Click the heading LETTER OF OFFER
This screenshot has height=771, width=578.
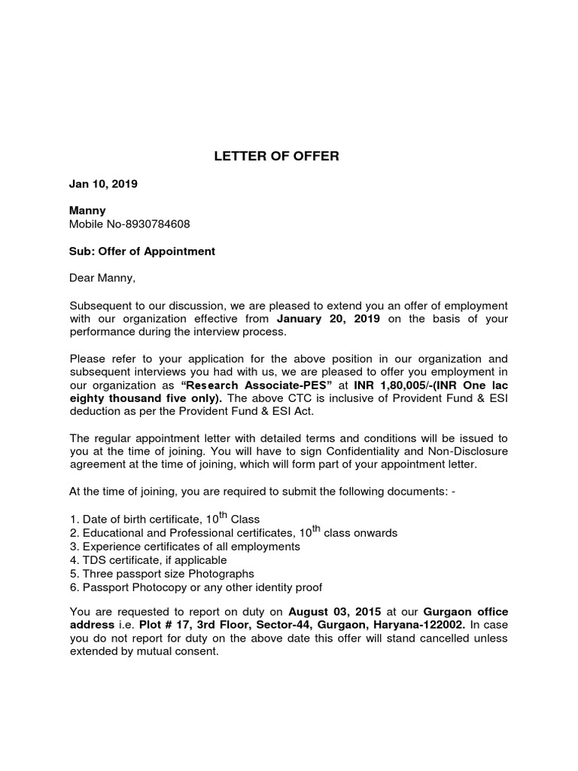point(276,157)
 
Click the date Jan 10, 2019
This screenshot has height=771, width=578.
point(103,183)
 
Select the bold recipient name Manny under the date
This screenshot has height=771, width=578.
point(87,211)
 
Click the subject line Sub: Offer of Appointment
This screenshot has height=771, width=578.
point(142,251)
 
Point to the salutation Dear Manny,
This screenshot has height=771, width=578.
point(102,279)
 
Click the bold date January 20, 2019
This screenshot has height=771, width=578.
point(329,319)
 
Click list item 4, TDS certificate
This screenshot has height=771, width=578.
point(148,560)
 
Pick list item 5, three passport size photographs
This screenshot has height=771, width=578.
point(161,574)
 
